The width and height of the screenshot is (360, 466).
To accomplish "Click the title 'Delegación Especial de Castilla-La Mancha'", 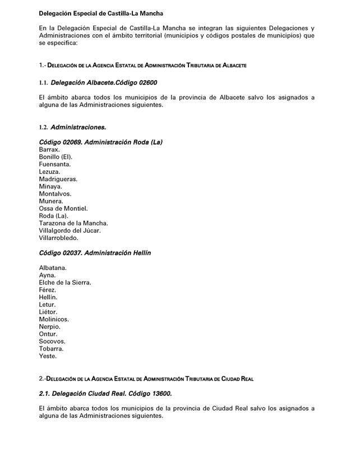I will (x=101, y=13).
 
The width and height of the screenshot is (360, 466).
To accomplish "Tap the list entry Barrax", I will (x=49, y=150).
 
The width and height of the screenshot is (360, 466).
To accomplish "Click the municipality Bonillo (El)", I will (x=56, y=158).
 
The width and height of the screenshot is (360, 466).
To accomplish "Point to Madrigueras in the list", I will (x=58, y=179).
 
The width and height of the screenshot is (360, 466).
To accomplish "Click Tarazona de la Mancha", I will (x=73, y=223).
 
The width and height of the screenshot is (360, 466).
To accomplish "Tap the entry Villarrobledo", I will (x=59, y=238).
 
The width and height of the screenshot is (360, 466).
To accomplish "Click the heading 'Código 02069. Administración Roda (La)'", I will (x=101, y=142).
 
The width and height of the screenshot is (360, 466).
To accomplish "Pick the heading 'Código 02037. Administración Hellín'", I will (x=95, y=253).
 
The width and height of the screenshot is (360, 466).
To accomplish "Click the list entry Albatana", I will (x=53, y=268).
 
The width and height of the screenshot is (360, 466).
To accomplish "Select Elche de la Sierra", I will (x=65, y=283).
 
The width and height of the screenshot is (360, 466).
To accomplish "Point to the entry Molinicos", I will (x=54, y=319).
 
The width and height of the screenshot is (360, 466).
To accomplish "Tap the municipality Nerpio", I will (x=49, y=326).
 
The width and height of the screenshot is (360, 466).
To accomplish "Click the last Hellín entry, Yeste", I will (x=48, y=356).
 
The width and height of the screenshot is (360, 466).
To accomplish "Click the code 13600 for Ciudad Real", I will (x=161, y=394).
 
